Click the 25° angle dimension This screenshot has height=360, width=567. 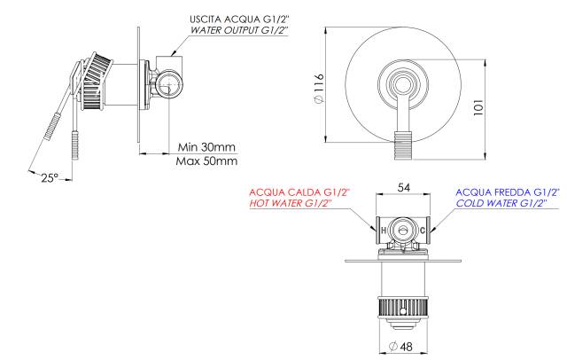tap(49, 177)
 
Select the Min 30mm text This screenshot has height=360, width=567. tap(206, 147)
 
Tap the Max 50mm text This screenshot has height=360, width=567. tap(206, 161)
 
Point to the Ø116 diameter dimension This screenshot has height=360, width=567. tap(319, 89)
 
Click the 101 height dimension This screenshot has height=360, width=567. tap(478, 107)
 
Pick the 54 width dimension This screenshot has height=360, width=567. tap(404, 187)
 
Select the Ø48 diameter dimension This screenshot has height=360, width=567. tap(400, 346)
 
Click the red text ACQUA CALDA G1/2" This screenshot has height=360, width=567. tap(299, 192)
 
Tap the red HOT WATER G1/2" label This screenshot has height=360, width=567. tap(291, 203)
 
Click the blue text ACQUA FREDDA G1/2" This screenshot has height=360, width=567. tap(508, 192)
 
